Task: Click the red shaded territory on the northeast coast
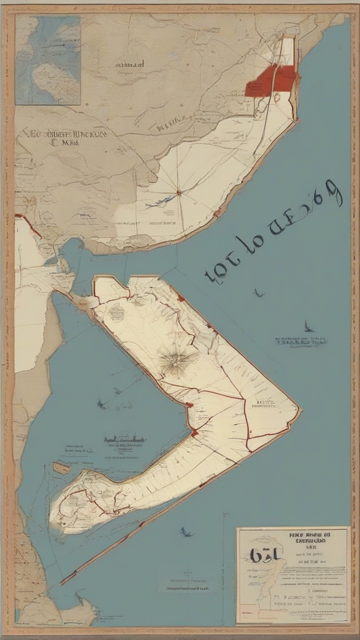coord(271,80)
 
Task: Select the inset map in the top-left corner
coord(48,60)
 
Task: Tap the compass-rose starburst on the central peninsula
coord(175,359)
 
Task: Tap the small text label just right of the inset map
coord(120,65)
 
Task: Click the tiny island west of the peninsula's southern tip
coord(62,468)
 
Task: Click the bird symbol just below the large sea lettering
coord(257,293)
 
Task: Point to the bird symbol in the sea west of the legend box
coord(185,532)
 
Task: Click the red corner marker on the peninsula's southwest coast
coord(193,432)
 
